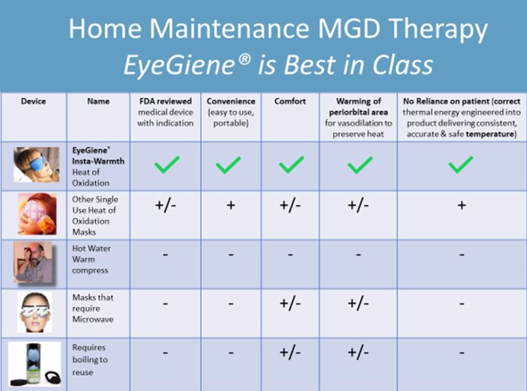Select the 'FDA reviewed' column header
(x=165, y=101)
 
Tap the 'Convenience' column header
(x=231, y=101)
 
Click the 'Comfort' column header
(x=290, y=101)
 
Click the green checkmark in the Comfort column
(x=291, y=165)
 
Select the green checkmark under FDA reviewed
(x=166, y=165)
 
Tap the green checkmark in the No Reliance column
(x=461, y=165)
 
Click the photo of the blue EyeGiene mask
(x=36, y=165)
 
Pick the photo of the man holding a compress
(x=35, y=263)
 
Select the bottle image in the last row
(x=35, y=363)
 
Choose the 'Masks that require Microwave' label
(x=92, y=308)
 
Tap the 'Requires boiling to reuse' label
(x=90, y=359)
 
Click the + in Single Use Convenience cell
(x=230, y=205)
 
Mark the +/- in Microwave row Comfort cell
(x=290, y=304)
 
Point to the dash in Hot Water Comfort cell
(x=290, y=255)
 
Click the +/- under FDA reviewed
(x=166, y=205)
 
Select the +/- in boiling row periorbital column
(x=358, y=353)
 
